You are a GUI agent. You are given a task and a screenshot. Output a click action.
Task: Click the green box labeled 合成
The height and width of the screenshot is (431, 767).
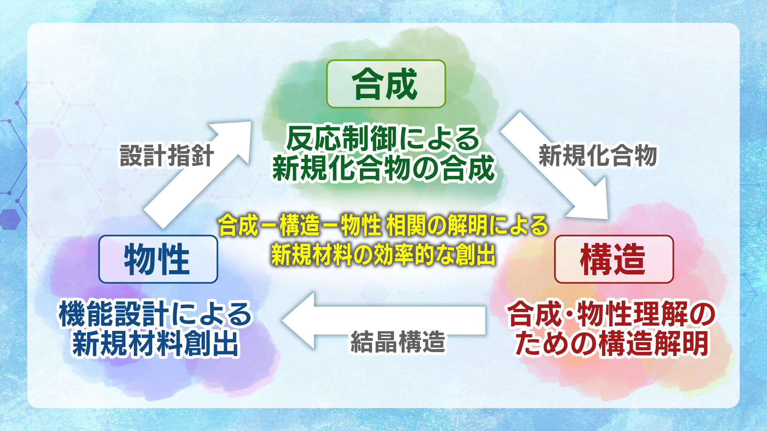pyautogui.click(x=386, y=84)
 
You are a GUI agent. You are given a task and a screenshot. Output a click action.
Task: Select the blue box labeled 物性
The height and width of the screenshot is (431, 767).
pyautogui.click(x=158, y=259)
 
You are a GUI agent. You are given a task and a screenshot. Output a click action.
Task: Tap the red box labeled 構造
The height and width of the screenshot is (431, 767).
pyautogui.click(x=614, y=259)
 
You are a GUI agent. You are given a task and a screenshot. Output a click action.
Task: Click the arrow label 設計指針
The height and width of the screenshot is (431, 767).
pyautogui.click(x=167, y=156)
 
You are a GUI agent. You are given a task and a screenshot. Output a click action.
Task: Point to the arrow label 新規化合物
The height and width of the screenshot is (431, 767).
pyautogui.click(x=598, y=156)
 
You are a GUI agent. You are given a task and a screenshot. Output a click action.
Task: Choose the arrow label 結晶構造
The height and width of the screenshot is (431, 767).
pyautogui.click(x=398, y=342)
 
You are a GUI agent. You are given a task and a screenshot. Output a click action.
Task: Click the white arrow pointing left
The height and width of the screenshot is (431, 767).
pyautogui.click(x=383, y=320)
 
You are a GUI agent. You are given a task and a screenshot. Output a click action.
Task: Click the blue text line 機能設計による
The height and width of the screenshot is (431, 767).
pyautogui.click(x=155, y=314)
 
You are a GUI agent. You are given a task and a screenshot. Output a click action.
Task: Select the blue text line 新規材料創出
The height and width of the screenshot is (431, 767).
pyautogui.click(x=155, y=343)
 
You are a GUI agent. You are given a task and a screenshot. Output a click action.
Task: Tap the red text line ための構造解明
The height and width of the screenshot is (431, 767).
pyautogui.click(x=611, y=343)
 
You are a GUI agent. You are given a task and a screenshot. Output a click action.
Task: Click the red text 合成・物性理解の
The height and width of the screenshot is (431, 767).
pyautogui.click(x=611, y=314)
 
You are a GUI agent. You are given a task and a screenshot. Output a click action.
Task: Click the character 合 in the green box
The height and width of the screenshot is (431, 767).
pyautogui.click(x=368, y=84)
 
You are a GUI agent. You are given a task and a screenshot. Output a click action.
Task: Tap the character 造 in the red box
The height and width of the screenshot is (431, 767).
pyautogui.click(x=630, y=259)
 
